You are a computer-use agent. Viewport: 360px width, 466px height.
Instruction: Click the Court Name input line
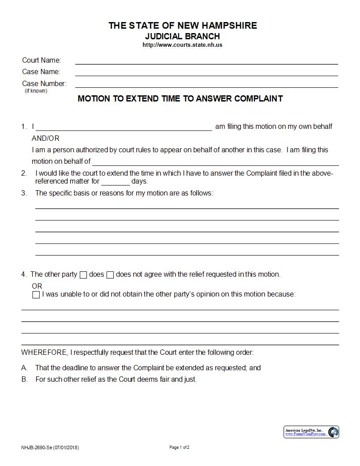(x=206, y=61)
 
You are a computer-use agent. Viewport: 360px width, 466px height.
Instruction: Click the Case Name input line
(x=206, y=72)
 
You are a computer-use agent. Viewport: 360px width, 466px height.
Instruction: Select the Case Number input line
(x=206, y=84)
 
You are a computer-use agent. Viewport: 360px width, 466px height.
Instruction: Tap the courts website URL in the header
(x=183, y=45)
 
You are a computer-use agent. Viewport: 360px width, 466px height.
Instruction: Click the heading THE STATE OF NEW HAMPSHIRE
(x=183, y=26)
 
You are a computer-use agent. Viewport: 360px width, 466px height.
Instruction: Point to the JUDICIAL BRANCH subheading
(x=183, y=36)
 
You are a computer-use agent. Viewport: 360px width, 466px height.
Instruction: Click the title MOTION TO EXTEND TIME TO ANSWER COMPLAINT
(x=180, y=99)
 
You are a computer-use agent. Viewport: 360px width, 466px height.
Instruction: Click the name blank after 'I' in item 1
(x=124, y=128)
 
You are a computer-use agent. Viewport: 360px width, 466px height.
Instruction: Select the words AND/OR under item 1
(x=45, y=139)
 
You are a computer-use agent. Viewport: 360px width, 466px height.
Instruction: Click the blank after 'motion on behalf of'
(x=215, y=162)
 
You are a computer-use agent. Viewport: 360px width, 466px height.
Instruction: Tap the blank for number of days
(x=116, y=182)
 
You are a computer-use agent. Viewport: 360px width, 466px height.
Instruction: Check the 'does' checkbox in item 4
(x=83, y=275)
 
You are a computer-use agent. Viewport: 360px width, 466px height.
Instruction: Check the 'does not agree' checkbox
(x=110, y=275)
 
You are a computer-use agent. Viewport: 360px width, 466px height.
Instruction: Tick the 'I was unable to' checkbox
(x=36, y=295)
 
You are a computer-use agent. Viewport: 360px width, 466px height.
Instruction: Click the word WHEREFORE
(x=44, y=353)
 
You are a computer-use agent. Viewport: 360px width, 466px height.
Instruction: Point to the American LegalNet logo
(x=311, y=432)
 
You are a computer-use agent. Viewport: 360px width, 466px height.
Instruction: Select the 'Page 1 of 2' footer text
(x=180, y=447)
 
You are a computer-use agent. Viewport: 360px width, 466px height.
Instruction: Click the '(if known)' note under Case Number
(x=36, y=91)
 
